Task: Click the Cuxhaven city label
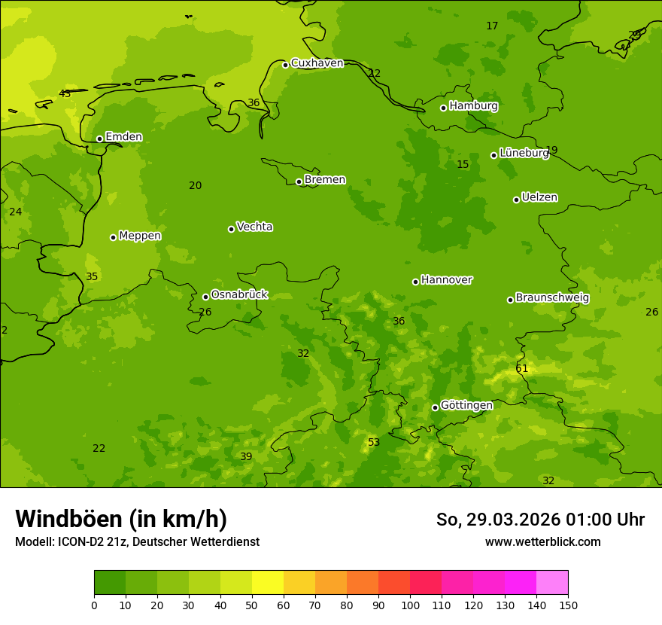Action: (317, 63)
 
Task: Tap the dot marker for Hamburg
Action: (443, 108)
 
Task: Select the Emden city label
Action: (123, 137)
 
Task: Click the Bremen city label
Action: (325, 180)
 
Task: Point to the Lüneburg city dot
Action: (493, 155)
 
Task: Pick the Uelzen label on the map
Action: (539, 198)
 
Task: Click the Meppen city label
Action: (140, 236)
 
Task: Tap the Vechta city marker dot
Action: (231, 229)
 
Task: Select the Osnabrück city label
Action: (239, 295)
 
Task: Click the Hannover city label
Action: (447, 280)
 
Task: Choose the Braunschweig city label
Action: (552, 298)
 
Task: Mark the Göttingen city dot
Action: (435, 407)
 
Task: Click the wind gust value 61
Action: (522, 369)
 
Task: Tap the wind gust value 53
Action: (374, 443)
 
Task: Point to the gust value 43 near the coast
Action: (65, 94)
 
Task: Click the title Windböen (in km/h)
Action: (121, 519)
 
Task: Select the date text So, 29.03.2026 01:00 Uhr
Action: (540, 520)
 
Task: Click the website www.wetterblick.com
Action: (542, 542)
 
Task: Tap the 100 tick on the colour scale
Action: (410, 605)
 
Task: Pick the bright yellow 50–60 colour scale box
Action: (268, 583)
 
